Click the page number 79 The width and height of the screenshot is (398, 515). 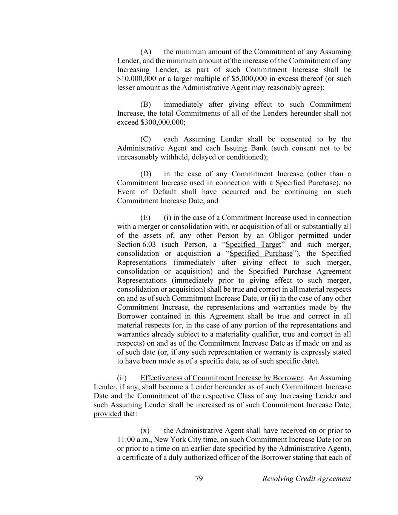(199, 479)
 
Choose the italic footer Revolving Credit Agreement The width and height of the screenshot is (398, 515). (306, 479)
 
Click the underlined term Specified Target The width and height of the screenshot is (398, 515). (253, 244)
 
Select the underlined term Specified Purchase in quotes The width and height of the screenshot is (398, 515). (261, 254)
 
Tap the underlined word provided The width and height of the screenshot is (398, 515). (107, 414)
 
